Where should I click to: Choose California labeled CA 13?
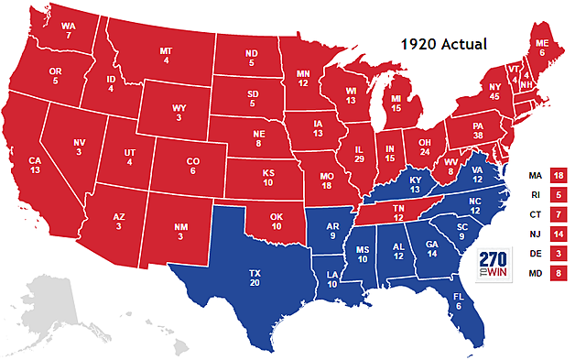click(34, 165)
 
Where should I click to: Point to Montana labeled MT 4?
click(166, 56)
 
